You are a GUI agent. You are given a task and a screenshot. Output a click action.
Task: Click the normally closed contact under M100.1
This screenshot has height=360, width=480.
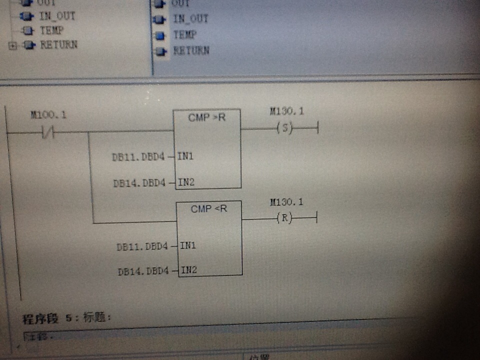tap(49, 133)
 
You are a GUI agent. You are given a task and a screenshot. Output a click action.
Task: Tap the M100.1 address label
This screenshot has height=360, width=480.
tap(48, 115)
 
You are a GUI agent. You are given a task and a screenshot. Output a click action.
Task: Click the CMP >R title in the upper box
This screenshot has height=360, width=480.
tap(207, 117)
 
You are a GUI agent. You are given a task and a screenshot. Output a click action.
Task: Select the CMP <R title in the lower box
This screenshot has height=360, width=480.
tap(209, 208)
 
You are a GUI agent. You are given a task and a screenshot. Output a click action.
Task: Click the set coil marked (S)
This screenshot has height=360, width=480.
tap(284, 128)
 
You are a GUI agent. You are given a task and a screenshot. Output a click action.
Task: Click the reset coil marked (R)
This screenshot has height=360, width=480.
tap(284, 218)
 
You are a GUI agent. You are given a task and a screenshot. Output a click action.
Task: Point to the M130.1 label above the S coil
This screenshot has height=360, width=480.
tap(286, 110)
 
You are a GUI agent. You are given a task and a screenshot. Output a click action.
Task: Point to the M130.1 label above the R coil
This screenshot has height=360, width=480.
tap(286, 202)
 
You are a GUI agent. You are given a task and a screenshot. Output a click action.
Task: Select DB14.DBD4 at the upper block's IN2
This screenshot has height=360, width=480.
tap(140, 183)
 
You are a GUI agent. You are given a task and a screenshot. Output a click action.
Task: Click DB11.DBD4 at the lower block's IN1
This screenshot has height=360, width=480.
tap(143, 246)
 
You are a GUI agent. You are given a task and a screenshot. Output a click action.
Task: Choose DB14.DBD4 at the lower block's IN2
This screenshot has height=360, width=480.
tap(144, 272)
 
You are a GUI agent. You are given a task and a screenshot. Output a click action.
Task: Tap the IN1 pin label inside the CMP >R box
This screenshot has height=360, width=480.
tap(185, 156)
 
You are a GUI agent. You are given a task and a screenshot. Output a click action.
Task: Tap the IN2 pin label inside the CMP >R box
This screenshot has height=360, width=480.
tap(186, 182)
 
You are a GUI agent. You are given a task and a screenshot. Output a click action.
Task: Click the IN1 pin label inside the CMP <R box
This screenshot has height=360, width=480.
tap(188, 245)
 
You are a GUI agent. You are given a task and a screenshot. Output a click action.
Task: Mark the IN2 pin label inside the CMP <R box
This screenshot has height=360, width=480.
tap(189, 270)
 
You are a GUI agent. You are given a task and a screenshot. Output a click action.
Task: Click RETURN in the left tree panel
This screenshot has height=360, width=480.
tap(58, 44)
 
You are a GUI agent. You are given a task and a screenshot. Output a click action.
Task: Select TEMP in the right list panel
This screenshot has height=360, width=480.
tap(184, 35)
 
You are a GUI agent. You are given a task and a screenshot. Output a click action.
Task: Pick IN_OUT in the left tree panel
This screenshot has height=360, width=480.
tap(57, 16)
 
